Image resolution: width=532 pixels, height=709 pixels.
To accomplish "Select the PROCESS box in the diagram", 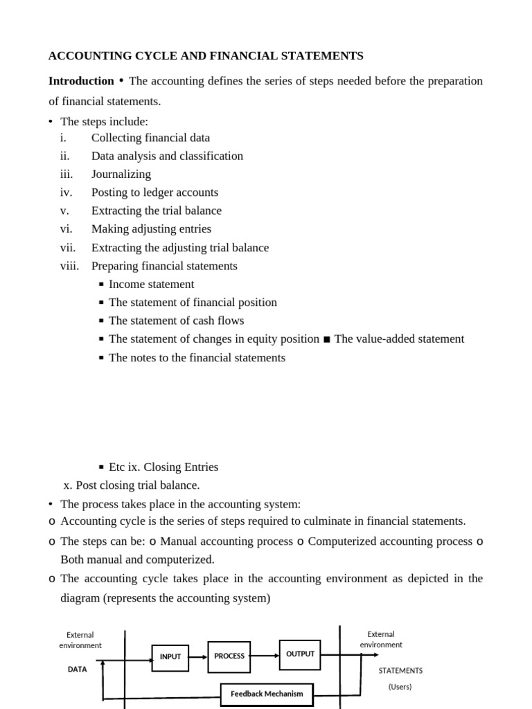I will coord(229,656).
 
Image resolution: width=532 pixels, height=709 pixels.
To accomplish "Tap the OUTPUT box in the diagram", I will coord(300,654).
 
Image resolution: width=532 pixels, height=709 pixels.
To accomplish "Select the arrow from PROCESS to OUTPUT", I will coord(265,655).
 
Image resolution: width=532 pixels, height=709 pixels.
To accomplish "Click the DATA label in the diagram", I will coord(77,670).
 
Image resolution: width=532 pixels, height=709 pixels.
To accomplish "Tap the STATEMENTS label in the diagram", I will coord(400,670).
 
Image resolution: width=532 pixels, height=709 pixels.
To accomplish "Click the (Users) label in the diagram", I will coord(400,687).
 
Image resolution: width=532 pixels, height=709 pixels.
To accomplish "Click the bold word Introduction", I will coord(81,81).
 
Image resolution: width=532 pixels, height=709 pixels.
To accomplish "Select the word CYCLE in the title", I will coord(153,55).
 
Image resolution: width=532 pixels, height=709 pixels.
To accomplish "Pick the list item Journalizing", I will coord(121,174).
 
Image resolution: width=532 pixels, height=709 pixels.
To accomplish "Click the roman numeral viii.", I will coord(69,266).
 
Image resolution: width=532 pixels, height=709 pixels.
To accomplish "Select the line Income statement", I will coord(151,284).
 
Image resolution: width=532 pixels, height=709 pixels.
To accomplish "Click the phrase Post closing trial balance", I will coord(137,485).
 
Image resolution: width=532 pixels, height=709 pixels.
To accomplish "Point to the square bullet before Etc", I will coord(101,467).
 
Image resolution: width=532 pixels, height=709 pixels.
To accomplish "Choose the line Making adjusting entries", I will coord(151,229).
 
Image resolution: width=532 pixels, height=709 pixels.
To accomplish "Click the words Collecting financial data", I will coord(150,138).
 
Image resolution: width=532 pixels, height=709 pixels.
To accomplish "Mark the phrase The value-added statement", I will coord(399,339).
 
